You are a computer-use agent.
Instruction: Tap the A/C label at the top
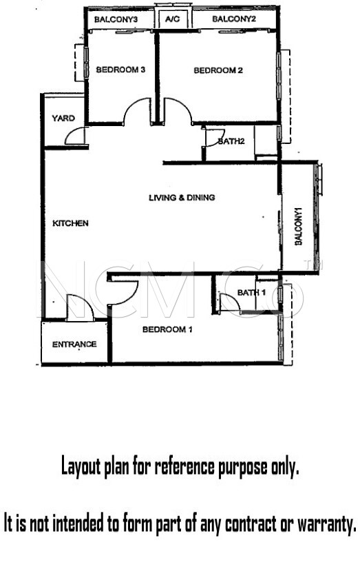(x=171, y=19)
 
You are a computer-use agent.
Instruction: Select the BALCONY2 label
(x=233, y=19)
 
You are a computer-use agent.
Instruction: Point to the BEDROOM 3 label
(x=120, y=70)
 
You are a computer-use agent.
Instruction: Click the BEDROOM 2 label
(x=218, y=70)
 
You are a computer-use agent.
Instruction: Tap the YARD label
(x=63, y=118)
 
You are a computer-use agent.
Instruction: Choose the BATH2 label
(x=231, y=142)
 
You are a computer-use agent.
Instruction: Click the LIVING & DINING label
(x=182, y=198)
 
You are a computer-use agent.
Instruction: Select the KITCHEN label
(x=70, y=223)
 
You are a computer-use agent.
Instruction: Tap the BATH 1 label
(x=251, y=293)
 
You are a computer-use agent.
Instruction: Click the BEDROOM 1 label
(x=167, y=329)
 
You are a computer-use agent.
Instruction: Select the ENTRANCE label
(x=74, y=344)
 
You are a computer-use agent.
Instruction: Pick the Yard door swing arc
(x=78, y=136)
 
